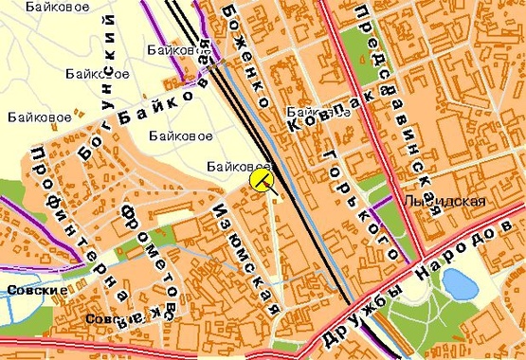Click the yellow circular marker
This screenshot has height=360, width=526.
(260, 180)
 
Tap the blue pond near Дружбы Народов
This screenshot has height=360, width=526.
(460, 282)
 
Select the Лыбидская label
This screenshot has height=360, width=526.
(444, 201)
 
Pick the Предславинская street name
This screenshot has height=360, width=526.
(396, 109)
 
